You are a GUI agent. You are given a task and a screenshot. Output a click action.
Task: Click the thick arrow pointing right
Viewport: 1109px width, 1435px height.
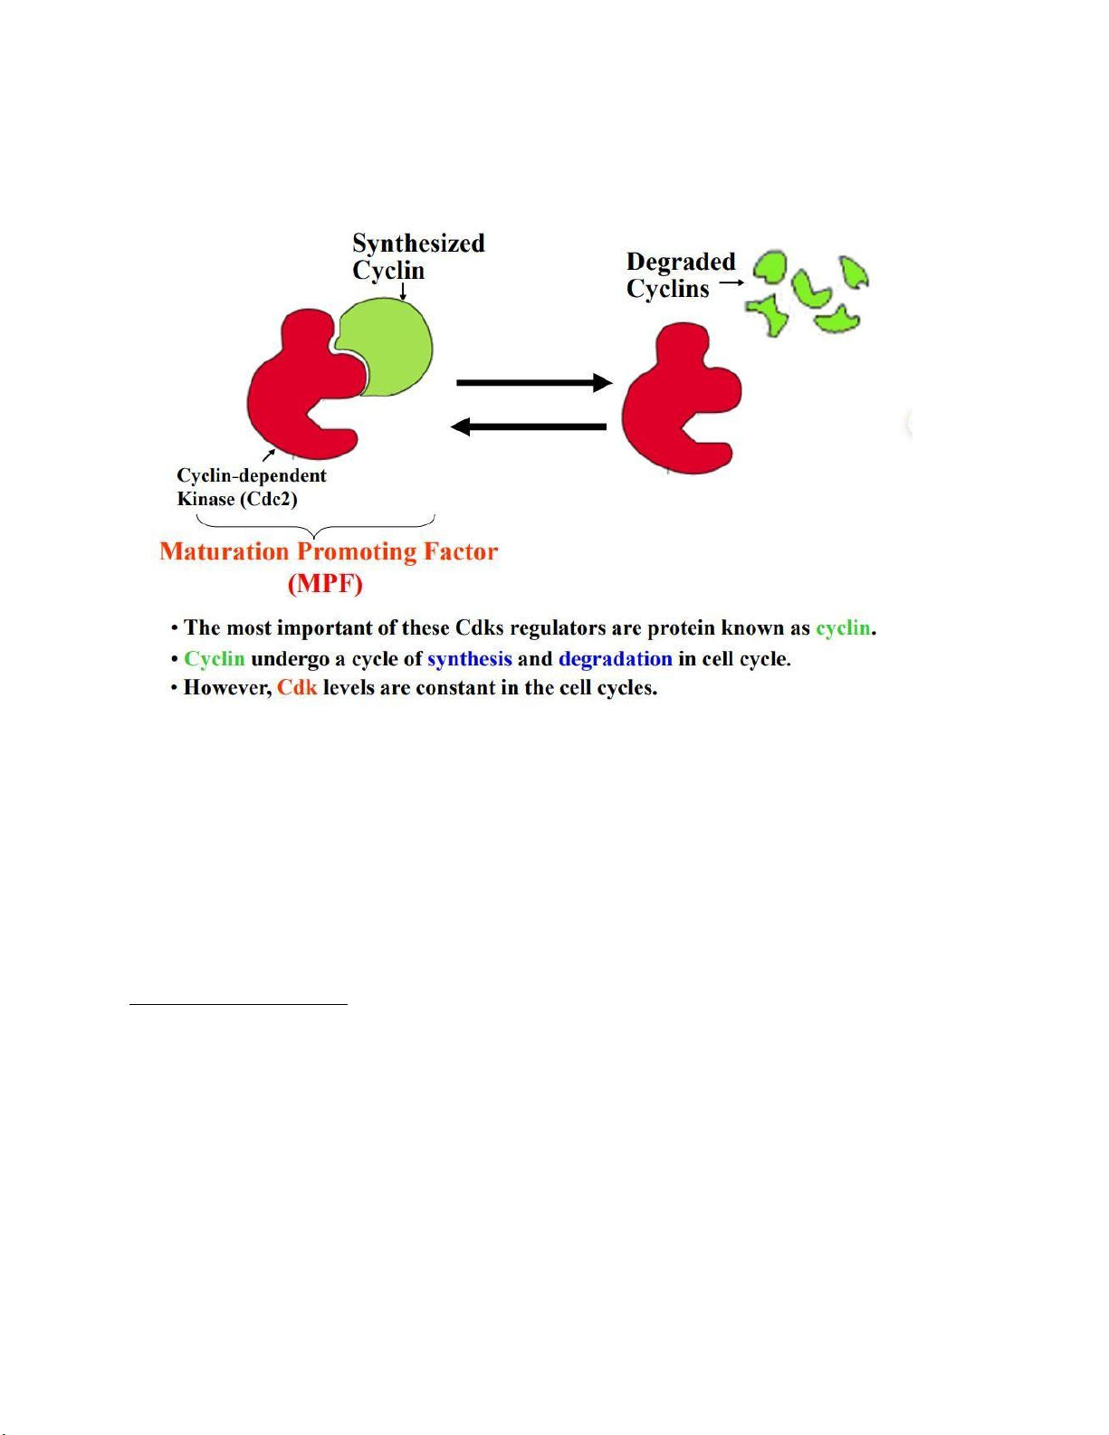(535, 382)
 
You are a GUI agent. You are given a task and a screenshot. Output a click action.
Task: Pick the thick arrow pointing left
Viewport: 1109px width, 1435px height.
(528, 426)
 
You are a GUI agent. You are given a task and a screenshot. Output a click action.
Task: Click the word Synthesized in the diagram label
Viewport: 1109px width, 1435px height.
(418, 244)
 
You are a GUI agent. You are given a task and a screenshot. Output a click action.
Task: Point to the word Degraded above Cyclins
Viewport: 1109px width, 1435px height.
(681, 262)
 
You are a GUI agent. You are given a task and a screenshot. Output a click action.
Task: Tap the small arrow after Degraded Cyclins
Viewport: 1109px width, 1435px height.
(731, 282)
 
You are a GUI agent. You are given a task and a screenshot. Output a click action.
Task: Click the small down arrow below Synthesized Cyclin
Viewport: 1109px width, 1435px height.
(403, 292)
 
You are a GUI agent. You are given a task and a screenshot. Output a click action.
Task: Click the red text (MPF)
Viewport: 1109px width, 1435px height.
(325, 584)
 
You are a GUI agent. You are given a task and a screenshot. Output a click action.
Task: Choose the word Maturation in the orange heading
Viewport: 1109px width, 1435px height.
(225, 551)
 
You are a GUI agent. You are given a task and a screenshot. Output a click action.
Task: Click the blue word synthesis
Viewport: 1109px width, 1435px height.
(469, 659)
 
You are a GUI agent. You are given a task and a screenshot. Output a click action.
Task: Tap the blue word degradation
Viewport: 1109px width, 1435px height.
(616, 658)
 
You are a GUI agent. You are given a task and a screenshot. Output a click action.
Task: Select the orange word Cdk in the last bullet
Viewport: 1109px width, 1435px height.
(297, 687)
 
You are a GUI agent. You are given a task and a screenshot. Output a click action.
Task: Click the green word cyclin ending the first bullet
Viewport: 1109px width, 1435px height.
(843, 628)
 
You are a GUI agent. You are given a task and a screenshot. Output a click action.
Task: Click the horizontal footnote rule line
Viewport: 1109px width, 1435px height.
(238, 1004)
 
